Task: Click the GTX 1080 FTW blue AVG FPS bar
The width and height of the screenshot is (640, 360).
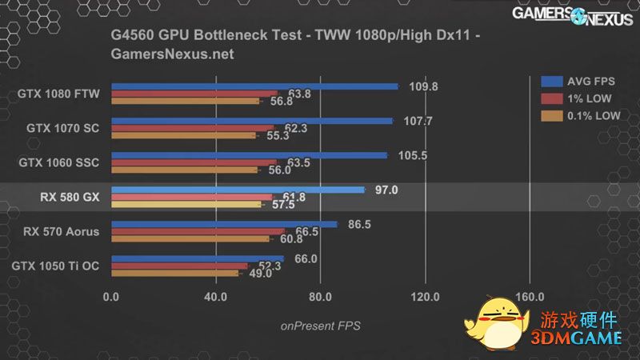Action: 254,86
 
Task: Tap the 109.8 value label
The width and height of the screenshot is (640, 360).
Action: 423,86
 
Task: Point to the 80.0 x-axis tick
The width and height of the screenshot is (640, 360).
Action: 320,297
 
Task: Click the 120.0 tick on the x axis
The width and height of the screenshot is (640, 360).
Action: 425,297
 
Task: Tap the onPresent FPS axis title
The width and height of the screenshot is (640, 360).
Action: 320,326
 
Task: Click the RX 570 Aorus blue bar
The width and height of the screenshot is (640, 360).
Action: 224,225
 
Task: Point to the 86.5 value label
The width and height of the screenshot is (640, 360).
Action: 360,225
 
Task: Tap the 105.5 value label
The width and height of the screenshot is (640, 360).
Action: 412,155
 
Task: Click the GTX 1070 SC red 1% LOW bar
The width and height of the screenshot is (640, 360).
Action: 192,128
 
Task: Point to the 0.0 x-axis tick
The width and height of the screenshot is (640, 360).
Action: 111,297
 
